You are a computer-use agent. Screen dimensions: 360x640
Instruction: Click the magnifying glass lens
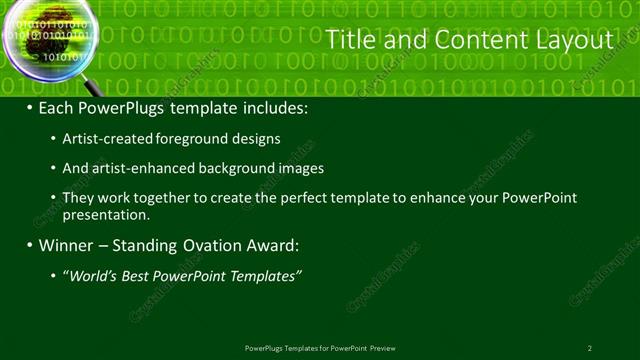pyautogui.click(x=49, y=39)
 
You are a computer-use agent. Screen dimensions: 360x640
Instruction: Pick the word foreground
pyautogui.click(x=204, y=139)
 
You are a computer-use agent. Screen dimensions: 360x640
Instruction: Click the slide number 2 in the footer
pyautogui.click(x=590, y=348)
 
